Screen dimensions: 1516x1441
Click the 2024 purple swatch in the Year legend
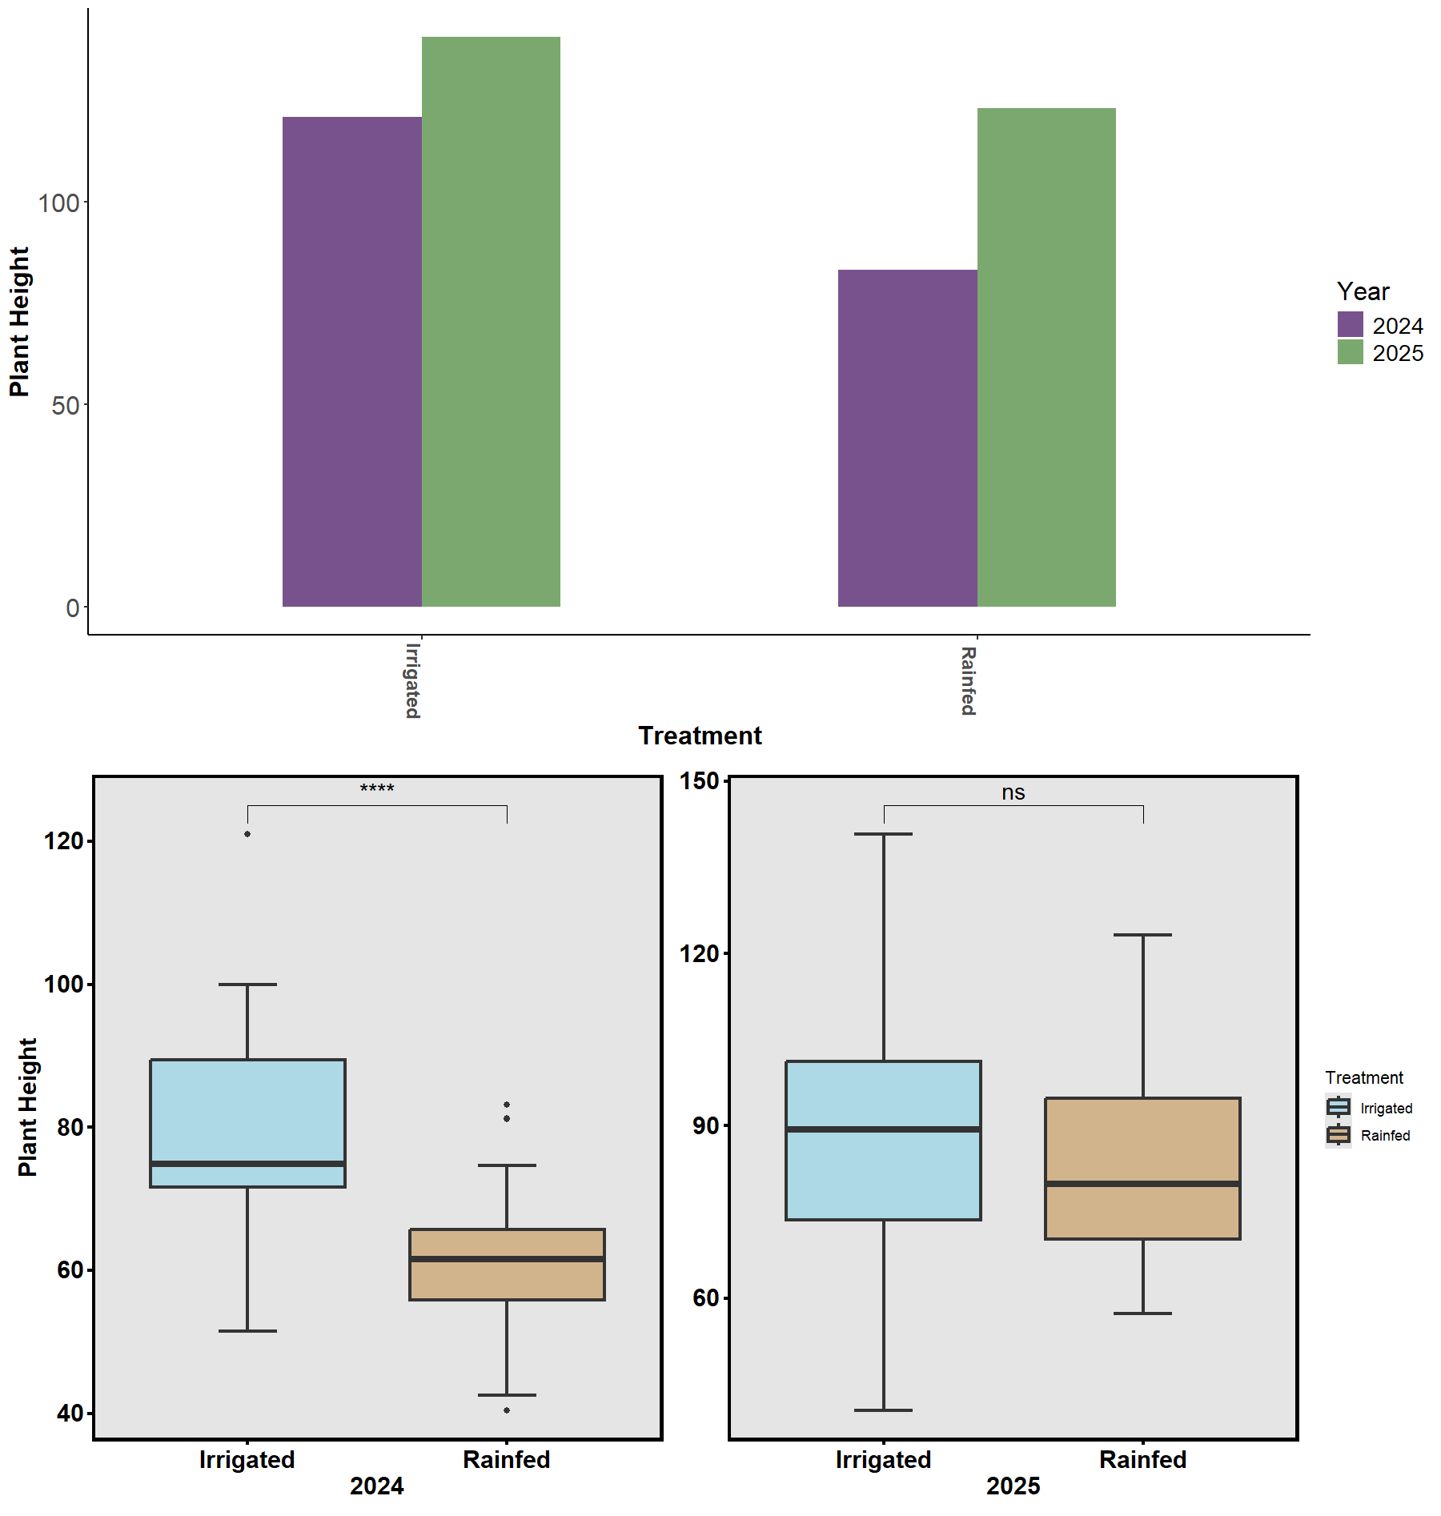click(x=1350, y=325)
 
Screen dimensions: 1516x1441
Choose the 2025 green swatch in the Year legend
click(x=1350, y=352)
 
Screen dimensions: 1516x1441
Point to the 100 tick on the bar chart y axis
click(x=59, y=203)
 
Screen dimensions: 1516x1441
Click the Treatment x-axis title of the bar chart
click(x=700, y=736)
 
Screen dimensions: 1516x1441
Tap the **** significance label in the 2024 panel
click(x=377, y=789)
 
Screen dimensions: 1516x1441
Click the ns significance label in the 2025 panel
click(x=1013, y=792)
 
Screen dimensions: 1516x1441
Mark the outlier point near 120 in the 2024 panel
click(x=247, y=834)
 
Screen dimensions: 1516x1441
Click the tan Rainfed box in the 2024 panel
click(x=507, y=1281)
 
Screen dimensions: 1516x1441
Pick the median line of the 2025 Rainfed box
click(x=1142, y=1183)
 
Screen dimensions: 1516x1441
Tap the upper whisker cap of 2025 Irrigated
click(x=883, y=834)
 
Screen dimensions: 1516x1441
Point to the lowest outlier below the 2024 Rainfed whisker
click(x=507, y=1410)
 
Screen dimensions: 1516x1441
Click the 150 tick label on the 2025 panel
click(x=699, y=780)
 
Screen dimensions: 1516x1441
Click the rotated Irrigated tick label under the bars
click(x=412, y=680)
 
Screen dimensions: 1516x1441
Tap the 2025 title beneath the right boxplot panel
click(x=1013, y=1486)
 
